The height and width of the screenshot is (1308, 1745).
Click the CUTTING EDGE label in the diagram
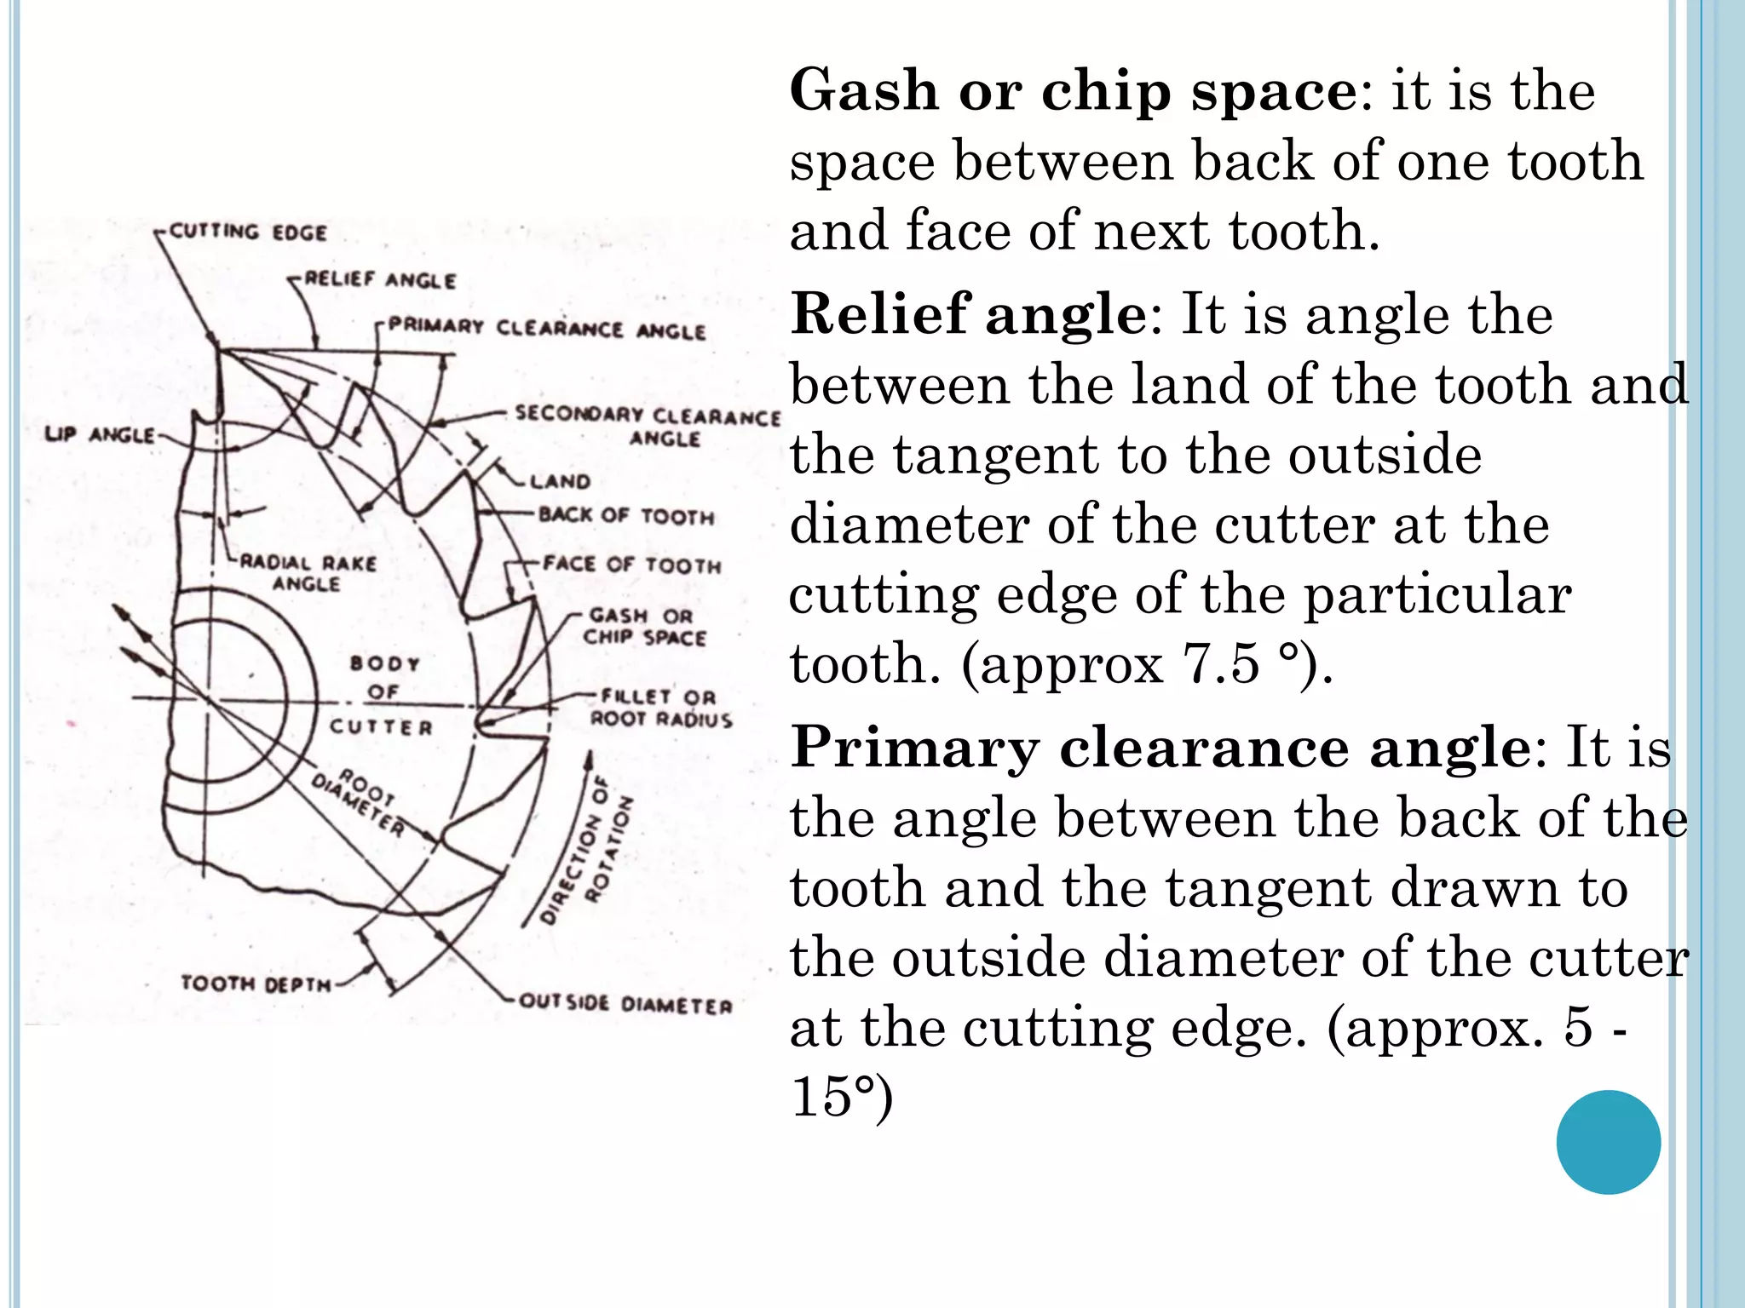click(x=248, y=232)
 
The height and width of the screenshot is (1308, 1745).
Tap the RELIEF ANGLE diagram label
click(x=380, y=279)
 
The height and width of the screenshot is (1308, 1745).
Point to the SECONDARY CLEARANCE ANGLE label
click(x=648, y=426)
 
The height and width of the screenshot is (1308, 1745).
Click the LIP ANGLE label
click(x=100, y=435)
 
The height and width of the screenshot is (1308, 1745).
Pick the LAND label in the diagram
click(x=560, y=482)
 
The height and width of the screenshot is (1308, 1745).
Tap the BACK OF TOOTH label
click(x=626, y=516)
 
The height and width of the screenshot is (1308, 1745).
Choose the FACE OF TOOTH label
click(x=632, y=565)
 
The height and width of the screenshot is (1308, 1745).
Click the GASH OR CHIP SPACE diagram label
click(x=644, y=627)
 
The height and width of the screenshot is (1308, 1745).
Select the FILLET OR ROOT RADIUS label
click(x=661, y=708)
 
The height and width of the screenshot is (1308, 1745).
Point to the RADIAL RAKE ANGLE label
click(x=308, y=573)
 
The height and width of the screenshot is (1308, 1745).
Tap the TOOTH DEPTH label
click(x=256, y=984)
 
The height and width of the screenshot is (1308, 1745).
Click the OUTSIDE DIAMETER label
click(x=625, y=1004)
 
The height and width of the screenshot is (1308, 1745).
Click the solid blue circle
click(x=1608, y=1142)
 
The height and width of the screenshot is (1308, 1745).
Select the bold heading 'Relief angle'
click(x=969, y=313)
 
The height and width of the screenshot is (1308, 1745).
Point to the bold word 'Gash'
click(x=864, y=90)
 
